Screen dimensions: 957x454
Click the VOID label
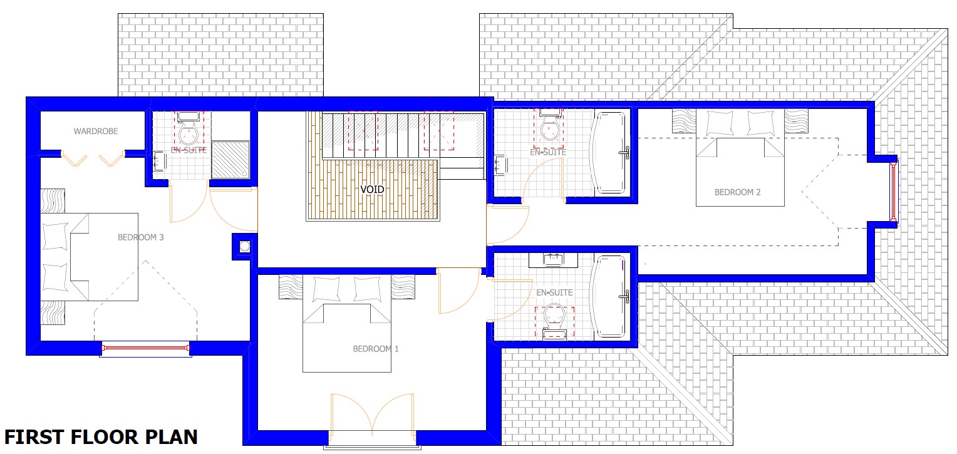[372, 189]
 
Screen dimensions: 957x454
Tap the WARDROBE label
[96, 131]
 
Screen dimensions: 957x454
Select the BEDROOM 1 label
[376, 349]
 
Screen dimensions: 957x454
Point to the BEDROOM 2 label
[737, 192]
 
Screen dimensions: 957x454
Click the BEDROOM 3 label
[140, 237]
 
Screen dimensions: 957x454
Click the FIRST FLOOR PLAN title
[101, 437]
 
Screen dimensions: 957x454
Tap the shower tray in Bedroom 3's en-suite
[230, 160]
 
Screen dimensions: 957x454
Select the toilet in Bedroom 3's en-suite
[188, 128]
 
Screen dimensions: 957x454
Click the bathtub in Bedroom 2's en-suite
[609, 152]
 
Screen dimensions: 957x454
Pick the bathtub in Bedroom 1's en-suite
[609, 296]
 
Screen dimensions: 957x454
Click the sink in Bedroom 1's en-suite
[553, 260]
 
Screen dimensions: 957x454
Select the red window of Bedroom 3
[146, 348]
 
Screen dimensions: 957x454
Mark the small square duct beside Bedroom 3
[244, 246]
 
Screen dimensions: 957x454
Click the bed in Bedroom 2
[740, 158]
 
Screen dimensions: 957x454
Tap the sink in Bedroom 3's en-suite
[159, 162]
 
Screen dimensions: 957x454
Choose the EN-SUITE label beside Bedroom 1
[554, 292]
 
